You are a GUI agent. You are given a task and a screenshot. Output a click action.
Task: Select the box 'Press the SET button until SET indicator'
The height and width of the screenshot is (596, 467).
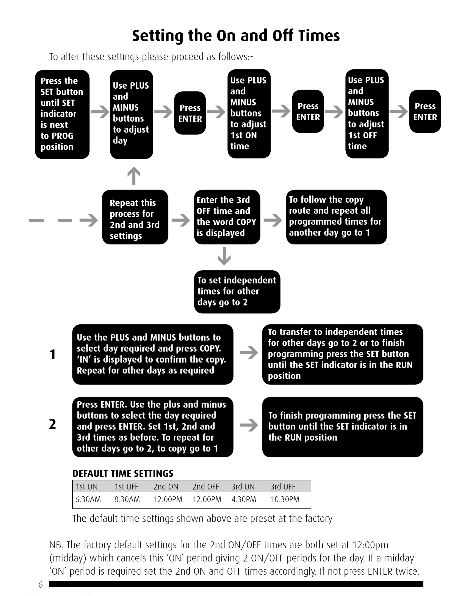click(x=62, y=114)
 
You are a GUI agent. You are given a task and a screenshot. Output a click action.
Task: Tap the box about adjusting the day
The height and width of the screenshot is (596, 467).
click(x=131, y=114)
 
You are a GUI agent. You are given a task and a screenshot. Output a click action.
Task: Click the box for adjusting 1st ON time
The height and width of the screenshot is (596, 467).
click(x=249, y=114)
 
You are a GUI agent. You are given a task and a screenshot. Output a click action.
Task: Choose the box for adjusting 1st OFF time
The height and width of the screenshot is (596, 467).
click(x=367, y=114)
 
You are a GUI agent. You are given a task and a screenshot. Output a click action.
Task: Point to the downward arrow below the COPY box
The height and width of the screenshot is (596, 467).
click(x=224, y=256)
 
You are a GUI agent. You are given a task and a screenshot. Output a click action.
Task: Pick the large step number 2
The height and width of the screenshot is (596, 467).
click(x=52, y=424)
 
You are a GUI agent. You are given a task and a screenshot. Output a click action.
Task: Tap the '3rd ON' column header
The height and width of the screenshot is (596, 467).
click(x=243, y=487)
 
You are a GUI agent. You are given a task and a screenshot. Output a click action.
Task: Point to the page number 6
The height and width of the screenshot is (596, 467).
click(x=41, y=584)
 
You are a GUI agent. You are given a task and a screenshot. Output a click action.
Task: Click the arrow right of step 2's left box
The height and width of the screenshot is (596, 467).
click(x=248, y=425)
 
